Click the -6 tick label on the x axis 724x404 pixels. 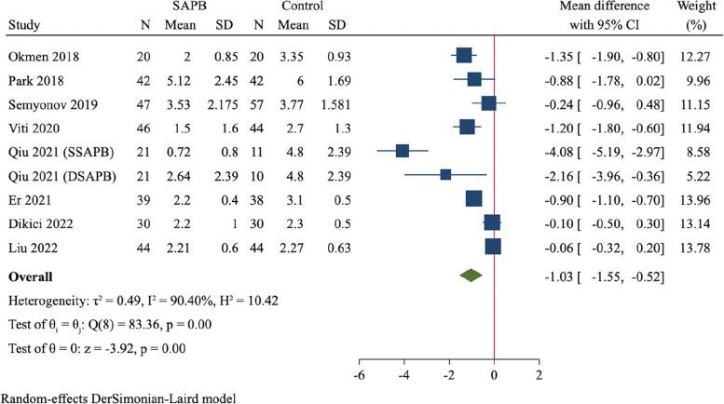click(359, 374)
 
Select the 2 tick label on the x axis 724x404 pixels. click(539, 374)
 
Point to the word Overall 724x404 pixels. click(30, 276)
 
